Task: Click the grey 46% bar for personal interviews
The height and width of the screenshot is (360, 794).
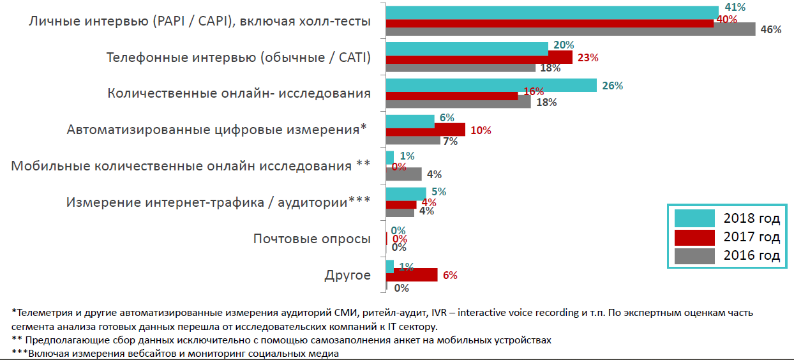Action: [571, 29]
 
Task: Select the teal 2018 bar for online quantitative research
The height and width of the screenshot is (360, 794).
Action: [491, 86]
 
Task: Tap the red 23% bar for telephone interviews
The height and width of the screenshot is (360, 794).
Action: [479, 57]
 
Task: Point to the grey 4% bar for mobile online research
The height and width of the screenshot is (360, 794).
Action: [403, 174]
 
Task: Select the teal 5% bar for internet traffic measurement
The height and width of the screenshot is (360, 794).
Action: [406, 192]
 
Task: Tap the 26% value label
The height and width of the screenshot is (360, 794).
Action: [612, 86]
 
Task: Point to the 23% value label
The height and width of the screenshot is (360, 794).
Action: [587, 57]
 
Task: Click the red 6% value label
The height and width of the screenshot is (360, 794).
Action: [450, 276]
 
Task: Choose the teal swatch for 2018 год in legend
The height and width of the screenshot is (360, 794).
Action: [695, 218]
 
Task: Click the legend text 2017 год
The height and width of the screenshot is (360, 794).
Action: [751, 237]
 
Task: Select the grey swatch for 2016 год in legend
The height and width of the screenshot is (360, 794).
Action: [695, 256]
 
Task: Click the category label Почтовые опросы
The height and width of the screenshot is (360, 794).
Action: [311, 239]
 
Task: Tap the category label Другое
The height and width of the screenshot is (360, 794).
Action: [347, 275]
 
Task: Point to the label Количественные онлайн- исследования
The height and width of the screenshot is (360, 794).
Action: [239, 93]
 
